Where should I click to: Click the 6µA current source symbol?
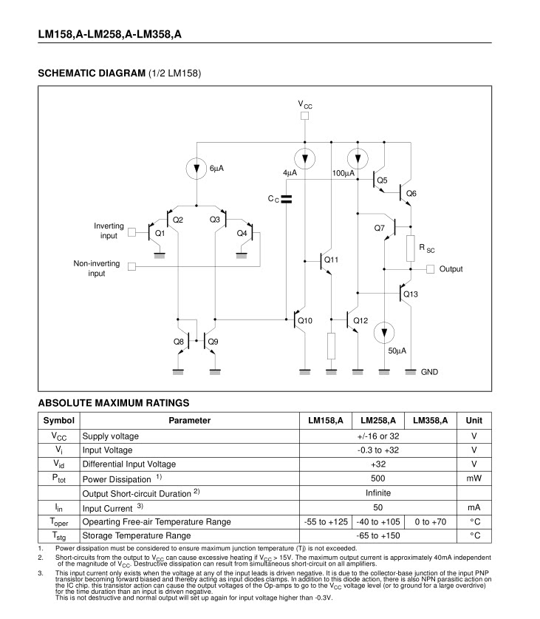point(196,169)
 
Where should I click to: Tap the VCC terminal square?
point(304,116)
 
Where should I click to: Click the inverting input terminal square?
point(131,231)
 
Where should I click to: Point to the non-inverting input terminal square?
point(131,266)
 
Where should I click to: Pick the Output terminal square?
point(431,269)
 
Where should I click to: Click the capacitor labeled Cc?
point(287,198)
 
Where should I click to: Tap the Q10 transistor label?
point(304,320)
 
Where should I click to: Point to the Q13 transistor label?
point(411,294)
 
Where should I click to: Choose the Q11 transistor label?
point(331,260)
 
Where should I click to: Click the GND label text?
point(429,372)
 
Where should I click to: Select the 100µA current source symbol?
point(358,158)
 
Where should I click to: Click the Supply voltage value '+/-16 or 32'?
point(377,436)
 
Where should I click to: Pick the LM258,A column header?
point(377,420)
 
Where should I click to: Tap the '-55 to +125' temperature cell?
point(325,521)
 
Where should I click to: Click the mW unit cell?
point(474,478)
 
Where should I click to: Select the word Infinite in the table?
point(377,493)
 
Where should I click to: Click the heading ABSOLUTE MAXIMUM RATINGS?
point(113,403)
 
